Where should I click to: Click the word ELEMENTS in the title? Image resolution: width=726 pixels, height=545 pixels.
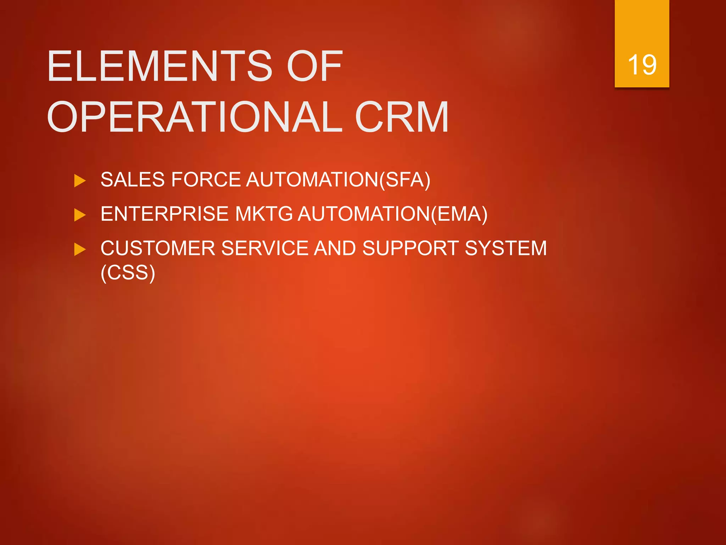[x=160, y=66]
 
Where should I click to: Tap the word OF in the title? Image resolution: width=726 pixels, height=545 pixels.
[x=314, y=66]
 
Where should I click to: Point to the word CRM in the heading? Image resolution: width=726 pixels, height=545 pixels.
[x=402, y=117]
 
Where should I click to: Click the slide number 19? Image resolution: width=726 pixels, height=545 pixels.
[x=642, y=65]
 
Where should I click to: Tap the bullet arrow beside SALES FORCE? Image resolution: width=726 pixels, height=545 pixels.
[x=80, y=181]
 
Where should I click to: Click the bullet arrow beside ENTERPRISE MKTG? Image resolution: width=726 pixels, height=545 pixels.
[x=80, y=215]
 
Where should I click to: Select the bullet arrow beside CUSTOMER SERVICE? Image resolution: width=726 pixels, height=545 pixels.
[x=80, y=249]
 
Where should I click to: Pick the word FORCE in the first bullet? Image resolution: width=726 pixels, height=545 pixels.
[x=206, y=180]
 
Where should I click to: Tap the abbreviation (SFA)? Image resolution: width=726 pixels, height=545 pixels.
[x=405, y=180]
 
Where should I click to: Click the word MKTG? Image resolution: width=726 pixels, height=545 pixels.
[x=264, y=214]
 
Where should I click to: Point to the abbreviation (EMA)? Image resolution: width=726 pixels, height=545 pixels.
[x=459, y=214]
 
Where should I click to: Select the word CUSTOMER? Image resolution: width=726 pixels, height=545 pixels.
[x=158, y=248]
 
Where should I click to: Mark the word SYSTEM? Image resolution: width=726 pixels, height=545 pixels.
[x=506, y=248]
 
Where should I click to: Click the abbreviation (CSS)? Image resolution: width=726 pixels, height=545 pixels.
[x=128, y=272]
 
